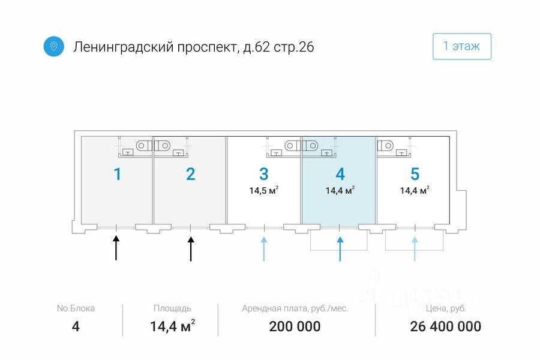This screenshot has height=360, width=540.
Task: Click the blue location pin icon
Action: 54,46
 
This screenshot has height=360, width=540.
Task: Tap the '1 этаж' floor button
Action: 462,46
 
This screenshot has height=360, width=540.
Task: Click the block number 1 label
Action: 118,174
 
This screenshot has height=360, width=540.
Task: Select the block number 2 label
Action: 190,174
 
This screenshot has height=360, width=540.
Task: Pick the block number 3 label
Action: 264,174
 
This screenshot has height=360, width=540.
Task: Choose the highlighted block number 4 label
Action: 340,174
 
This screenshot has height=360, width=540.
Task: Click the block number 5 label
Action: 415,174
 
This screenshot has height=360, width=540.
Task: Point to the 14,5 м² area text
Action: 264,190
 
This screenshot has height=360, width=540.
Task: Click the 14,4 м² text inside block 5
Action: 415,190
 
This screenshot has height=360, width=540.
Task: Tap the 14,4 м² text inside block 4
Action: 340,190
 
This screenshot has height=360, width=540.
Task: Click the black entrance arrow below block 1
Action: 116,248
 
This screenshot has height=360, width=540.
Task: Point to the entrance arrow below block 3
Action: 264,249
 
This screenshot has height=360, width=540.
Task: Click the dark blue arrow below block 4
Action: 340,249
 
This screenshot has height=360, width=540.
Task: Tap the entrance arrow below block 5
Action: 415,249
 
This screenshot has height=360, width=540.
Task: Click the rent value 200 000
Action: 295,326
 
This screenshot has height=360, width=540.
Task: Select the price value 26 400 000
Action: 446,326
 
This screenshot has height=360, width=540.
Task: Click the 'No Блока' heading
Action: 76,308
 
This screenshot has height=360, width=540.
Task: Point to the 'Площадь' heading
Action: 172,308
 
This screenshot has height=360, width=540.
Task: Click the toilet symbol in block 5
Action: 385,146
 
